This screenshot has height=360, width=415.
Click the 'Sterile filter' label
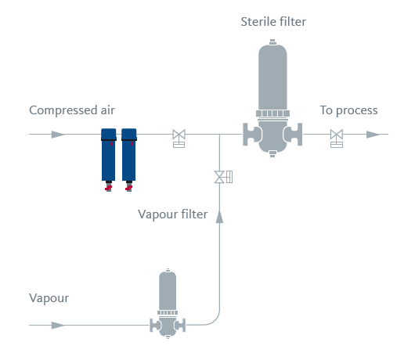273,22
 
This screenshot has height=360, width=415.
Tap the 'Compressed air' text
72,110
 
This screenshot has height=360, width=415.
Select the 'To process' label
348,110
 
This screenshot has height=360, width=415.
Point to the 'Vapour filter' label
172,214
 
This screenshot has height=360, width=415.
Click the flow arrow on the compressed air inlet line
58,135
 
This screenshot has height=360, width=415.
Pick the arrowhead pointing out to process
373,135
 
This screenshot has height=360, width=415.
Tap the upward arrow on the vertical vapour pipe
219,216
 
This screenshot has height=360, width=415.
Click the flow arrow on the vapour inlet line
58,325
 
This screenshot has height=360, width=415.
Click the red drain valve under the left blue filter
108,188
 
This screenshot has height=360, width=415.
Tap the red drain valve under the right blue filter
128,188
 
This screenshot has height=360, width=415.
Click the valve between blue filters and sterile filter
179,138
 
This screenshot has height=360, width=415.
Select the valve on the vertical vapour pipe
223,177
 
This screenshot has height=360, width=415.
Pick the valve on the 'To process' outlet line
337,138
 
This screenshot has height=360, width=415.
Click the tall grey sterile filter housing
272,98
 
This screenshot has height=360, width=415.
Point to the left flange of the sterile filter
251,134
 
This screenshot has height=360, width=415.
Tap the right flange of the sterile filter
294,134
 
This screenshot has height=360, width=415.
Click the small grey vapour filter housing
168,304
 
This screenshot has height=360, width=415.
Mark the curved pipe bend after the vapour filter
215,319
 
